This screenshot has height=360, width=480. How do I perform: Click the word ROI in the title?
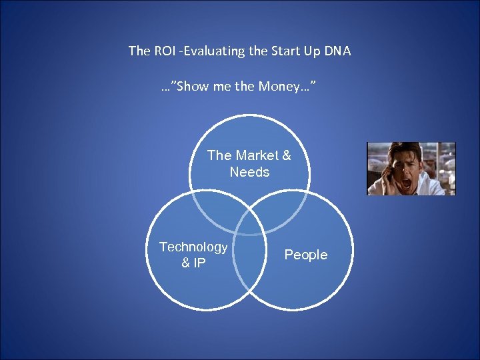(164, 51)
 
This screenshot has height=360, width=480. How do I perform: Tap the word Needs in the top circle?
(249, 172)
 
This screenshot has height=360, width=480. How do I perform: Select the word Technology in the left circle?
(193, 247)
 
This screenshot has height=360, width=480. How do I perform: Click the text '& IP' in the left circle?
(193, 263)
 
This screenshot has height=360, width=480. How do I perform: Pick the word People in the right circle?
(306, 255)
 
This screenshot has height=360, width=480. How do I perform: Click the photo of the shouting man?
(411, 169)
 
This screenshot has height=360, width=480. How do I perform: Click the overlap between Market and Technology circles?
(215, 209)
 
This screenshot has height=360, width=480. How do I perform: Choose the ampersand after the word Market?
(286, 155)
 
